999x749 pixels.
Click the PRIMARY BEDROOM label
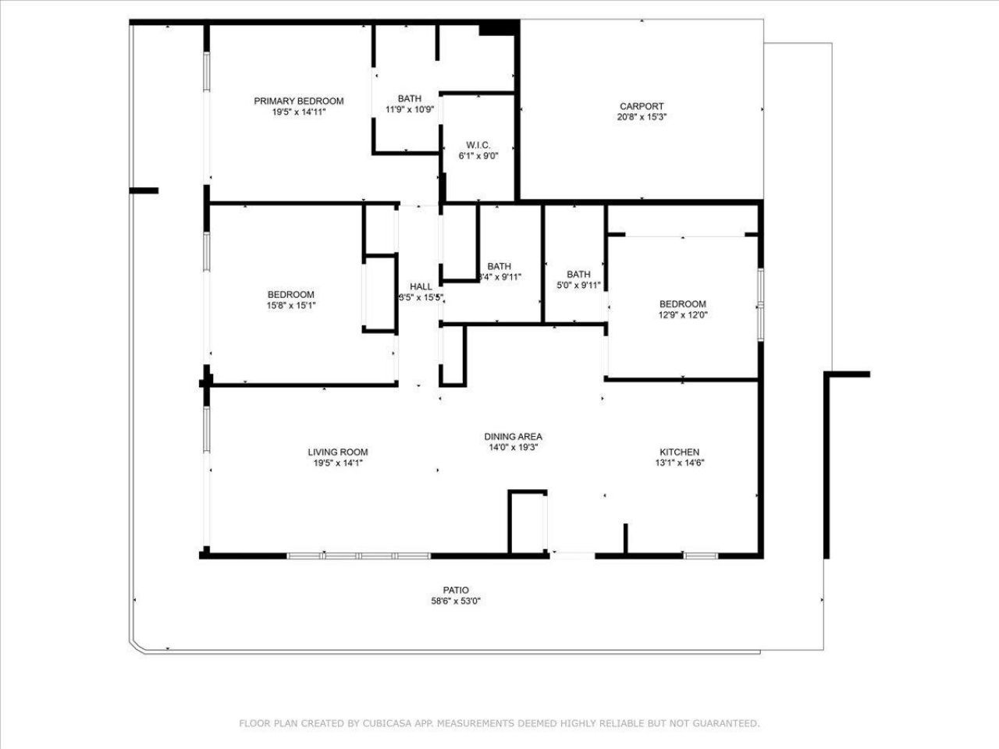pyautogui.click(x=299, y=101)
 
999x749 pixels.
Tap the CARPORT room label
pyautogui.click(x=642, y=106)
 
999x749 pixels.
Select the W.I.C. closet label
pyautogui.click(x=478, y=145)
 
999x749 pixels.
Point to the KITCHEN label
pyautogui.click(x=679, y=452)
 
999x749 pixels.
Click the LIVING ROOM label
pyautogui.click(x=337, y=452)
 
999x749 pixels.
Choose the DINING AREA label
pyautogui.click(x=513, y=437)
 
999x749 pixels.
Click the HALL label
pyautogui.click(x=421, y=286)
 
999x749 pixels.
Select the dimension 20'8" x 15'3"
pyautogui.click(x=642, y=117)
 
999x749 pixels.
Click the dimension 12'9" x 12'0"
pyautogui.click(x=682, y=315)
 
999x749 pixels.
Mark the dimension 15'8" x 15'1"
pyautogui.click(x=291, y=305)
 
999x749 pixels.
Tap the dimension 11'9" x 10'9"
pyautogui.click(x=410, y=109)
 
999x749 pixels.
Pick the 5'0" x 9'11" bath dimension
pyautogui.click(x=578, y=285)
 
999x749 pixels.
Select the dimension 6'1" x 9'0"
pyautogui.click(x=478, y=155)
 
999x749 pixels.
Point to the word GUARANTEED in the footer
pyautogui.click(x=726, y=724)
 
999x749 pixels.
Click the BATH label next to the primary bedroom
pyautogui.click(x=410, y=98)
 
